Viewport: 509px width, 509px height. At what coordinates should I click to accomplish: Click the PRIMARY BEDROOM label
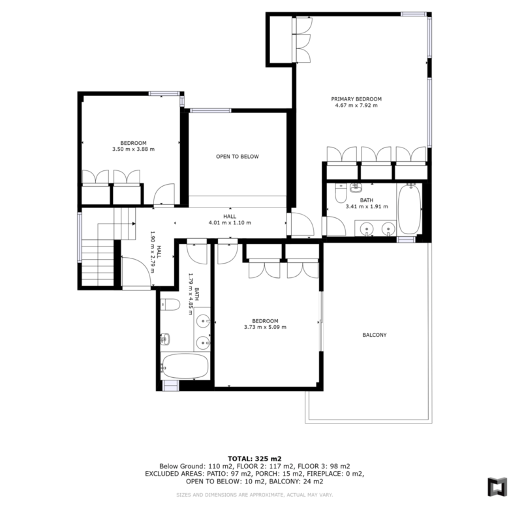[x=356, y=99]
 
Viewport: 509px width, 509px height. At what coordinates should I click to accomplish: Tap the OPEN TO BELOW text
[x=238, y=157]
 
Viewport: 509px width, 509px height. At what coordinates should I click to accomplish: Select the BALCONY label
[x=375, y=335]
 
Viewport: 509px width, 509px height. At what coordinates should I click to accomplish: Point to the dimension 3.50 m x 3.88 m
[x=133, y=149]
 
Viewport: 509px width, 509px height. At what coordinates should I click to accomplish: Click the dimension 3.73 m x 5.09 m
[x=265, y=327]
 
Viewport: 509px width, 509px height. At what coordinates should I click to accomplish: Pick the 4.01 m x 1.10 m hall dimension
[x=230, y=223]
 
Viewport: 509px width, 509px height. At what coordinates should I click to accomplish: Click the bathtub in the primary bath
[x=410, y=208]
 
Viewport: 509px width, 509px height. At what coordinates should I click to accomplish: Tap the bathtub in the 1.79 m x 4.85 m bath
[x=185, y=366]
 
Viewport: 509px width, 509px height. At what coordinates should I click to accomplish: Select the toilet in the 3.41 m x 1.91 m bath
[x=341, y=193]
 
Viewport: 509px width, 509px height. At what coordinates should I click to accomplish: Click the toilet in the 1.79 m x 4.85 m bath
[x=170, y=305]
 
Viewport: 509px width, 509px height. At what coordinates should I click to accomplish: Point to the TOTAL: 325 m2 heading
[x=254, y=459]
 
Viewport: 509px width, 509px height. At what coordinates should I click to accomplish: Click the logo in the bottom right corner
[x=497, y=487]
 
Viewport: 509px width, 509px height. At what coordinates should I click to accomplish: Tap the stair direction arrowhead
[x=133, y=223]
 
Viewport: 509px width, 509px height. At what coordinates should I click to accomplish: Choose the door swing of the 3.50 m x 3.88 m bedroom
[x=164, y=194]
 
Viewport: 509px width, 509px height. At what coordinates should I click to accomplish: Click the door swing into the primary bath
[x=336, y=226]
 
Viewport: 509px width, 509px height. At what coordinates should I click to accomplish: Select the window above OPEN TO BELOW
[x=210, y=110]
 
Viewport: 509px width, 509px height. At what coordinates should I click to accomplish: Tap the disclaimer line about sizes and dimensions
[x=254, y=495]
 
